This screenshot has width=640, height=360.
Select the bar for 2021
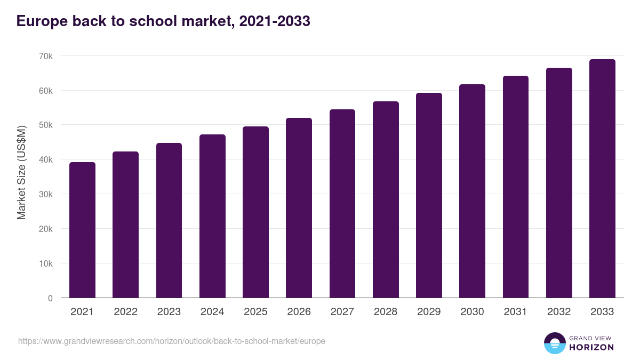pos(82,230)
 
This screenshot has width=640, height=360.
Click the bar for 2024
pos(212,216)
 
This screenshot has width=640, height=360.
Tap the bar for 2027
pos(342,203)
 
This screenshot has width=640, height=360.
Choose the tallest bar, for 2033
pos(602,179)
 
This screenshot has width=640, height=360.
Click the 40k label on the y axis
pos(46,160)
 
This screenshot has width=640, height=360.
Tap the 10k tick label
pos(46,263)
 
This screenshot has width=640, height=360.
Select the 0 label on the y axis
pos(50,298)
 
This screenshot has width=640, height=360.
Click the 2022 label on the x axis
pos(125,312)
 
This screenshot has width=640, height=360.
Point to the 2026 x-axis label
pos(299,312)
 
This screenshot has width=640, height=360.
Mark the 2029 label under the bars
pos(429,312)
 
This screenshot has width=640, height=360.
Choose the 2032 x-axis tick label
pos(558,312)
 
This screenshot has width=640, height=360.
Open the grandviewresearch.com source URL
pos(171,341)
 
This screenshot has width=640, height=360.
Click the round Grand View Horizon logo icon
pos(554,343)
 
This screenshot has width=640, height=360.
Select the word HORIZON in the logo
pos(591,347)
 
